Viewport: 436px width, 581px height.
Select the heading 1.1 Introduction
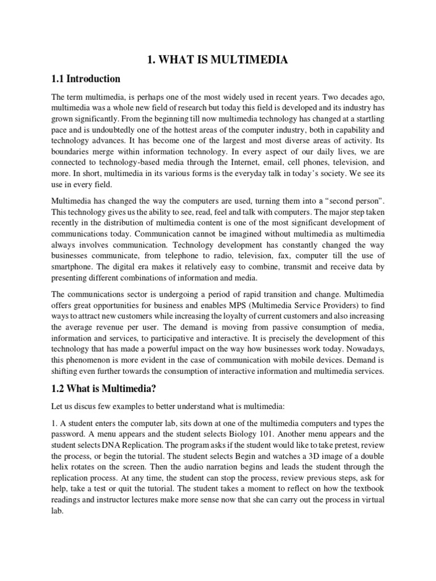click(x=86, y=78)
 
